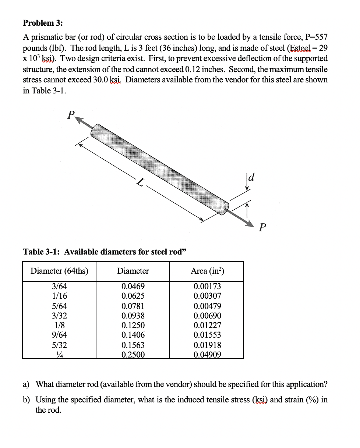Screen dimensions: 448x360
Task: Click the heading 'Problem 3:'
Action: point(43,23)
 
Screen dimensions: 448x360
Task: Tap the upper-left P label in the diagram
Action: point(71,115)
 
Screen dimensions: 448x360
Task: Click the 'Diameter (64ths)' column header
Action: point(59,271)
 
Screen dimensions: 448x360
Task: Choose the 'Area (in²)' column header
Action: point(207,271)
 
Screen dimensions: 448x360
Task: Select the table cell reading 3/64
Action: point(59,286)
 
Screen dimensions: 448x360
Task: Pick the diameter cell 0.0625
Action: point(133,296)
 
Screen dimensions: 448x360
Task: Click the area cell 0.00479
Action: point(207,306)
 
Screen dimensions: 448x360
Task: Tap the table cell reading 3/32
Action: point(59,316)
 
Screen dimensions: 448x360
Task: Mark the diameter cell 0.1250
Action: point(133,325)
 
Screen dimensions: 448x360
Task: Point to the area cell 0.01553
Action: point(207,335)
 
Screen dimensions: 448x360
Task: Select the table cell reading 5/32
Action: point(59,345)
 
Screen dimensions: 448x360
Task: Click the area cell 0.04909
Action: point(207,355)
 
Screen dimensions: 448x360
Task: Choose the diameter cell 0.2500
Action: point(133,355)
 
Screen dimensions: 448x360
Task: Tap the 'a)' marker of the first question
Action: point(27,384)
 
